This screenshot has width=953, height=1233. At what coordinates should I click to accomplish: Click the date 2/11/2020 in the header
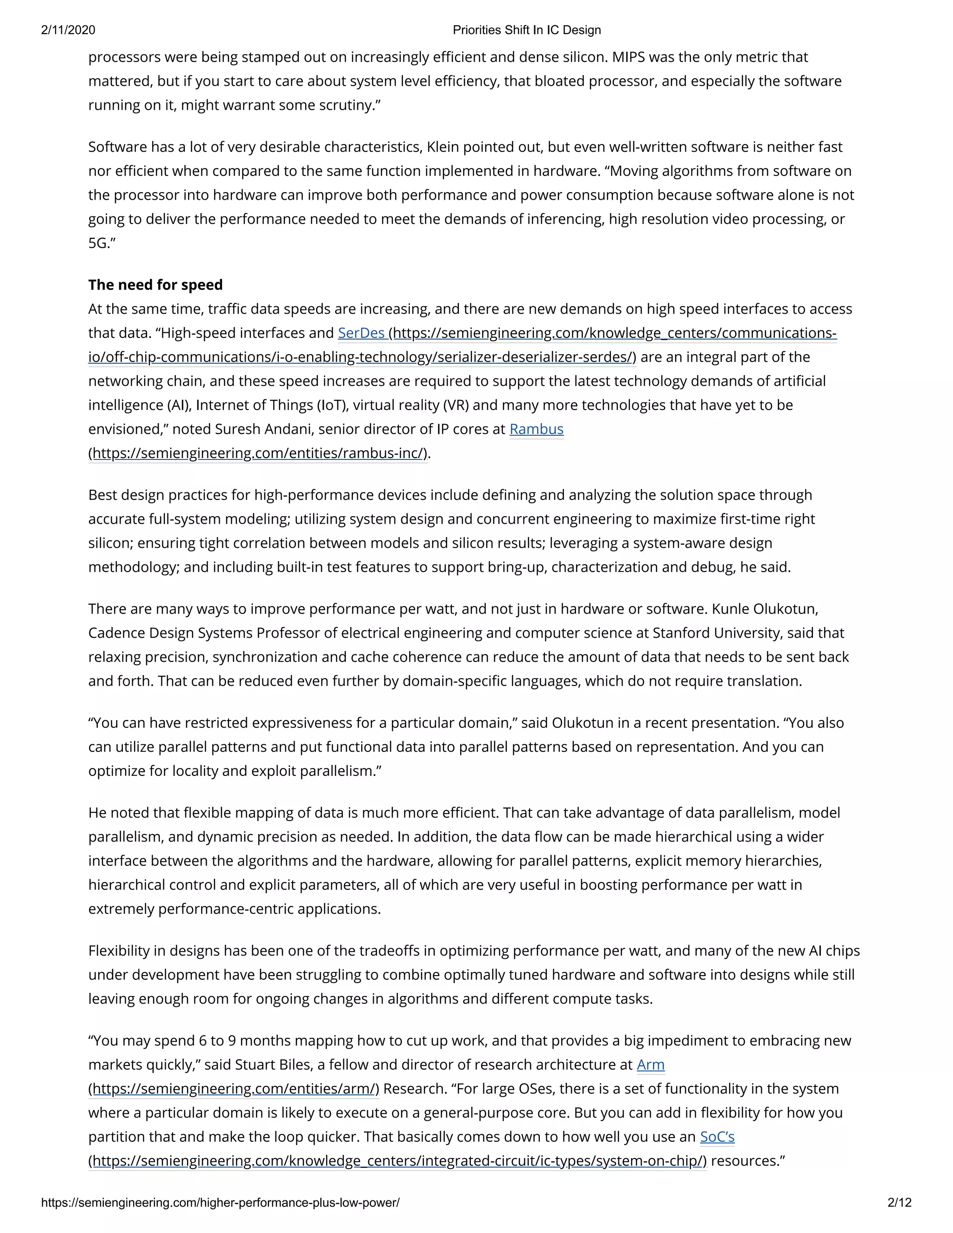pyautogui.click(x=68, y=30)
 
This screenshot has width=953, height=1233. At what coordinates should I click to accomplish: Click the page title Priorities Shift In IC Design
pyautogui.click(x=526, y=30)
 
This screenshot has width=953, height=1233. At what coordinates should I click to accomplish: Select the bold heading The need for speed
pyautogui.click(x=155, y=284)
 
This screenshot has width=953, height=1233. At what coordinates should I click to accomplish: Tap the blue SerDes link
pyautogui.click(x=361, y=333)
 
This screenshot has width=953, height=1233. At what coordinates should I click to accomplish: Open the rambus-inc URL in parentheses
pyautogui.click(x=257, y=453)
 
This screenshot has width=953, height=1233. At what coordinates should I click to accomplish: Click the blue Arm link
pyautogui.click(x=651, y=1065)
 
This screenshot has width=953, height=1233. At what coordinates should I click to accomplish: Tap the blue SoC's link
pyautogui.click(x=717, y=1137)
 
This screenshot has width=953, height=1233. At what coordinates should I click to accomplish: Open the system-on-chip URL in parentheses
pyautogui.click(x=397, y=1161)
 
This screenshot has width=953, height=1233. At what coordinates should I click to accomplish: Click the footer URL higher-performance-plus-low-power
pyautogui.click(x=220, y=1203)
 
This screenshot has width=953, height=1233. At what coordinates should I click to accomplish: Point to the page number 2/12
pyautogui.click(x=899, y=1203)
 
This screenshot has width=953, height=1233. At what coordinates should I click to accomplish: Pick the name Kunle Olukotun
pyautogui.click(x=765, y=609)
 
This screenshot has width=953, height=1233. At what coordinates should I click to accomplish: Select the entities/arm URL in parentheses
pyautogui.click(x=234, y=1089)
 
